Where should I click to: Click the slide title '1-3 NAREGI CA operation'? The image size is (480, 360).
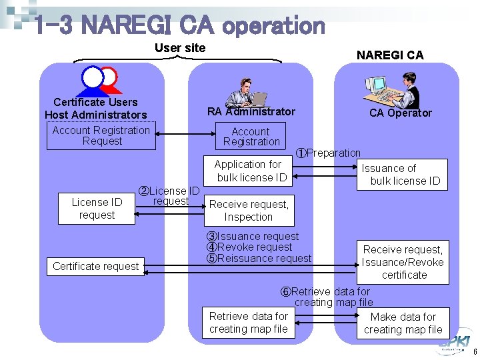pos(179,25)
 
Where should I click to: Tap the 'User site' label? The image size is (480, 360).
pos(180,47)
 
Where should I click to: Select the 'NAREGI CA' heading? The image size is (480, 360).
pos(389,55)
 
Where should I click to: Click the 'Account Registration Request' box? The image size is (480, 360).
pos(101,136)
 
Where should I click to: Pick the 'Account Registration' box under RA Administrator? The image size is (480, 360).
pos(251,137)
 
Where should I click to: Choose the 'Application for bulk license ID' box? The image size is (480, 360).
pos(250,171)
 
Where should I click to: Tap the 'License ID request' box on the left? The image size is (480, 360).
pos(97,209)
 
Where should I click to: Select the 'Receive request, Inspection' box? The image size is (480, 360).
pos(249,211)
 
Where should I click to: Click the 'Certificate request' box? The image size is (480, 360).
pos(96,266)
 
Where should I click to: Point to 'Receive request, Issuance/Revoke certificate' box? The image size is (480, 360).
pos(403,262)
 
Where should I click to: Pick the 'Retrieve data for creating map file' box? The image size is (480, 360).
pos(248,323)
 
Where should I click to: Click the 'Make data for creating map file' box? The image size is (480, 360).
pos(403,323)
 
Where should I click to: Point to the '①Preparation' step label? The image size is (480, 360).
pos(329,153)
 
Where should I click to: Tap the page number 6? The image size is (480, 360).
pos(474,351)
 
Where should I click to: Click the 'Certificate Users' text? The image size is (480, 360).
pos(95,102)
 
